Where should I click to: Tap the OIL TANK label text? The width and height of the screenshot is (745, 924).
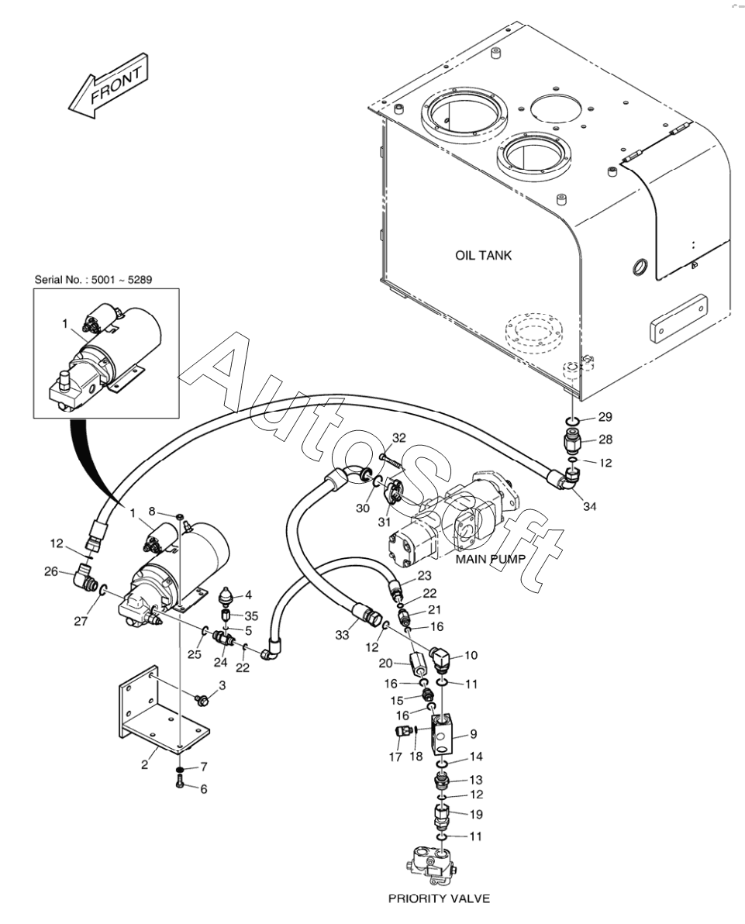coord(483,255)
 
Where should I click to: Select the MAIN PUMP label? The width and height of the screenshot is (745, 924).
coord(490,559)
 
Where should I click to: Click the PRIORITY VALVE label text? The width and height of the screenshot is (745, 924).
coord(439,898)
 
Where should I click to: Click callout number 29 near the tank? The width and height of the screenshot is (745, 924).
coord(605,417)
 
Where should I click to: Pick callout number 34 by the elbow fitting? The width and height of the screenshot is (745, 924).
coord(590,505)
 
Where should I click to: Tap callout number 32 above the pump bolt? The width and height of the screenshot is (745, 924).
coord(399,438)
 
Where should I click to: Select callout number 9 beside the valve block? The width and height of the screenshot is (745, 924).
coord(474,734)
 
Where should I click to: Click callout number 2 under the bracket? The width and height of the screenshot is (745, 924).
coord(144,765)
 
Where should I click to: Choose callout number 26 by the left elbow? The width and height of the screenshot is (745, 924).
coord(52,571)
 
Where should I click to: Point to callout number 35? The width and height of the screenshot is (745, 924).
coord(251,616)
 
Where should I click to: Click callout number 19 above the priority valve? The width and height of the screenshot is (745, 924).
coord(476,814)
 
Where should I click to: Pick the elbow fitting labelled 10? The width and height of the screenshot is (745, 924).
coord(442,659)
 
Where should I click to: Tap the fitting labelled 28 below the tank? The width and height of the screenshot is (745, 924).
coord(573,440)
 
